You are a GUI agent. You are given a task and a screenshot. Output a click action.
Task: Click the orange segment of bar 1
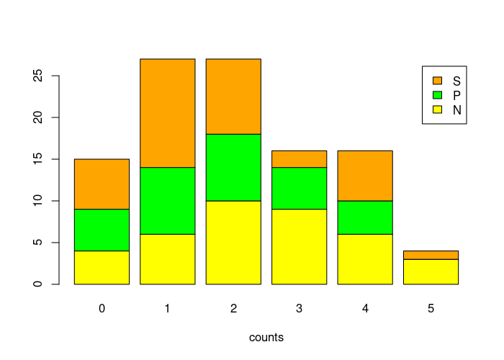click(x=167, y=113)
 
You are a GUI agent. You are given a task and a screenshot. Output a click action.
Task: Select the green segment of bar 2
click(x=233, y=167)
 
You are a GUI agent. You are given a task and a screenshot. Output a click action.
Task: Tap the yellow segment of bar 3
click(x=299, y=246)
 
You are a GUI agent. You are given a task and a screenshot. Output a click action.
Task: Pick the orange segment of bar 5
click(x=431, y=255)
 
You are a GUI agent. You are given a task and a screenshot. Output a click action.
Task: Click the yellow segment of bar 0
click(x=102, y=267)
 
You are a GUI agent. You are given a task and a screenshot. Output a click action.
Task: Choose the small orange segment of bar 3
click(x=299, y=159)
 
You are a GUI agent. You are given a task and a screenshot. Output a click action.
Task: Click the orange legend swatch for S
click(x=437, y=80)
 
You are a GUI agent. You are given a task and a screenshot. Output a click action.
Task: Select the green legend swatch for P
click(x=437, y=94)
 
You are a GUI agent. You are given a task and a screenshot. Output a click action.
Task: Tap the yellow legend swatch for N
click(x=437, y=109)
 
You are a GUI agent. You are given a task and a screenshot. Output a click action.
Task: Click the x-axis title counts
click(x=266, y=337)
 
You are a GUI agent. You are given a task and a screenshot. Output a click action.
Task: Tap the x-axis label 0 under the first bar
click(x=102, y=308)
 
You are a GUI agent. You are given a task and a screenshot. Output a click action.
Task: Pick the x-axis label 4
click(x=365, y=308)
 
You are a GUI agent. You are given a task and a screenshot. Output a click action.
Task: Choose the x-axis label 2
click(x=233, y=308)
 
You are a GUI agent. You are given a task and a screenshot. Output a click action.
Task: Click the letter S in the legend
click(x=456, y=80)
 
